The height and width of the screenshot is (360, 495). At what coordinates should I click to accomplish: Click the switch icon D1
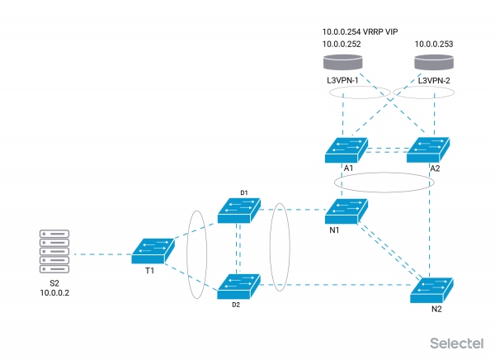tap(240, 209)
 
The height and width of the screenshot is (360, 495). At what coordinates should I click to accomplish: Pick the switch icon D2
tap(238, 285)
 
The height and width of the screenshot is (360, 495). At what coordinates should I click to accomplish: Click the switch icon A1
tap(346, 149)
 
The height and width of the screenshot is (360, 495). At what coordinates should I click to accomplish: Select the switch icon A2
tap(430, 149)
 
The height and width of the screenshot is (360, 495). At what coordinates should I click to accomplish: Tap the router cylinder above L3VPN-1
tap(342, 63)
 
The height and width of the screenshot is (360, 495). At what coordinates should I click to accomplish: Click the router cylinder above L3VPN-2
tap(435, 63)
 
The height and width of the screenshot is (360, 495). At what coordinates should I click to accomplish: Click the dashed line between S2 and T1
tap(102, 254)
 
